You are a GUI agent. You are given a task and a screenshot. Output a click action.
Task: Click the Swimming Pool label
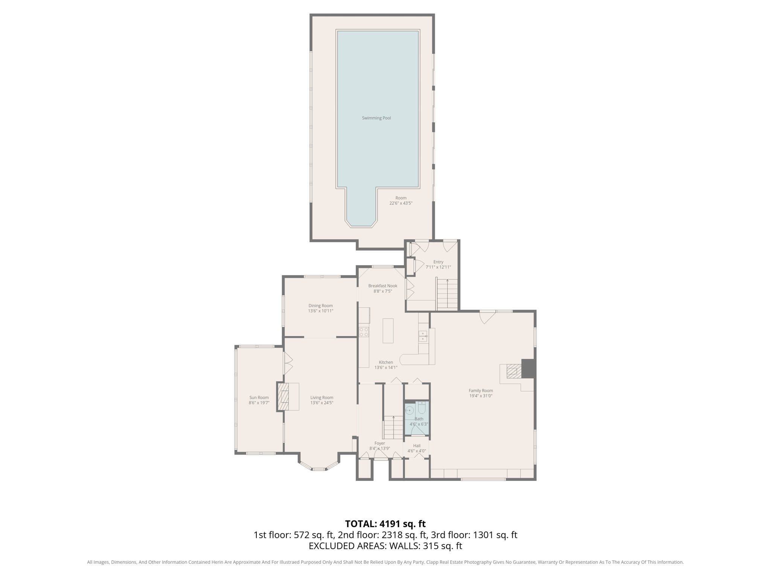[x=376, y=118]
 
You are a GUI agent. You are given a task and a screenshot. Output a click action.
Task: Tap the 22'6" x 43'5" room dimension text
[x=401, y=203]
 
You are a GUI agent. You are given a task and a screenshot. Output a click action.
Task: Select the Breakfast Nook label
[x=383, y=286]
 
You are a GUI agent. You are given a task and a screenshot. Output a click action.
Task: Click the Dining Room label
[x=320, y=306]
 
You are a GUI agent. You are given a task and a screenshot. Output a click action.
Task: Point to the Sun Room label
[x=259, y=398]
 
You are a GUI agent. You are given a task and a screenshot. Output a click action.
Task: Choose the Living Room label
[x=322, y=398]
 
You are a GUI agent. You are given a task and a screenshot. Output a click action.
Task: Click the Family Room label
[x=481, y=391]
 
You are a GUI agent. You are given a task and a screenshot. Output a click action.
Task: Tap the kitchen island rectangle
[x=388, y=331]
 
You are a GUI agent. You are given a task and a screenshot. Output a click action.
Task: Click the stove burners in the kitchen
[x=364, y=332]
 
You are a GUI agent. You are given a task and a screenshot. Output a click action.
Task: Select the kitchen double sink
[x=423, y=336]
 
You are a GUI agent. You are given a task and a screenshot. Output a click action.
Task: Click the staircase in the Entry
[x=447, y=294]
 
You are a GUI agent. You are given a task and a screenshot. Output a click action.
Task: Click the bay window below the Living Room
[x=319, y=468]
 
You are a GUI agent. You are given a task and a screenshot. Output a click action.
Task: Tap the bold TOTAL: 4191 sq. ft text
[x=385, y=524]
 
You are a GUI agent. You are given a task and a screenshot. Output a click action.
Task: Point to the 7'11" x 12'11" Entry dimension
[x=438, y=267]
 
